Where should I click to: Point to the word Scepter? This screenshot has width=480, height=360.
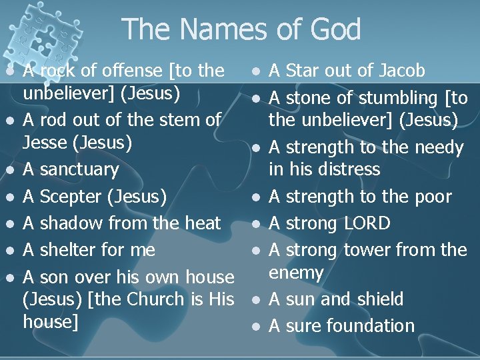pyautogui.click(x=71, y=196)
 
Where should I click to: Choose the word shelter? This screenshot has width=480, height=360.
pyautogui.click(x=71, y=249)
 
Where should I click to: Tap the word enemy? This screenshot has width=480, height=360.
pyautogui.click(x=296, y=272)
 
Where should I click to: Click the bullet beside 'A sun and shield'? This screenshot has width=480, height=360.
pyautogui.click(x=257, y=300)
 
